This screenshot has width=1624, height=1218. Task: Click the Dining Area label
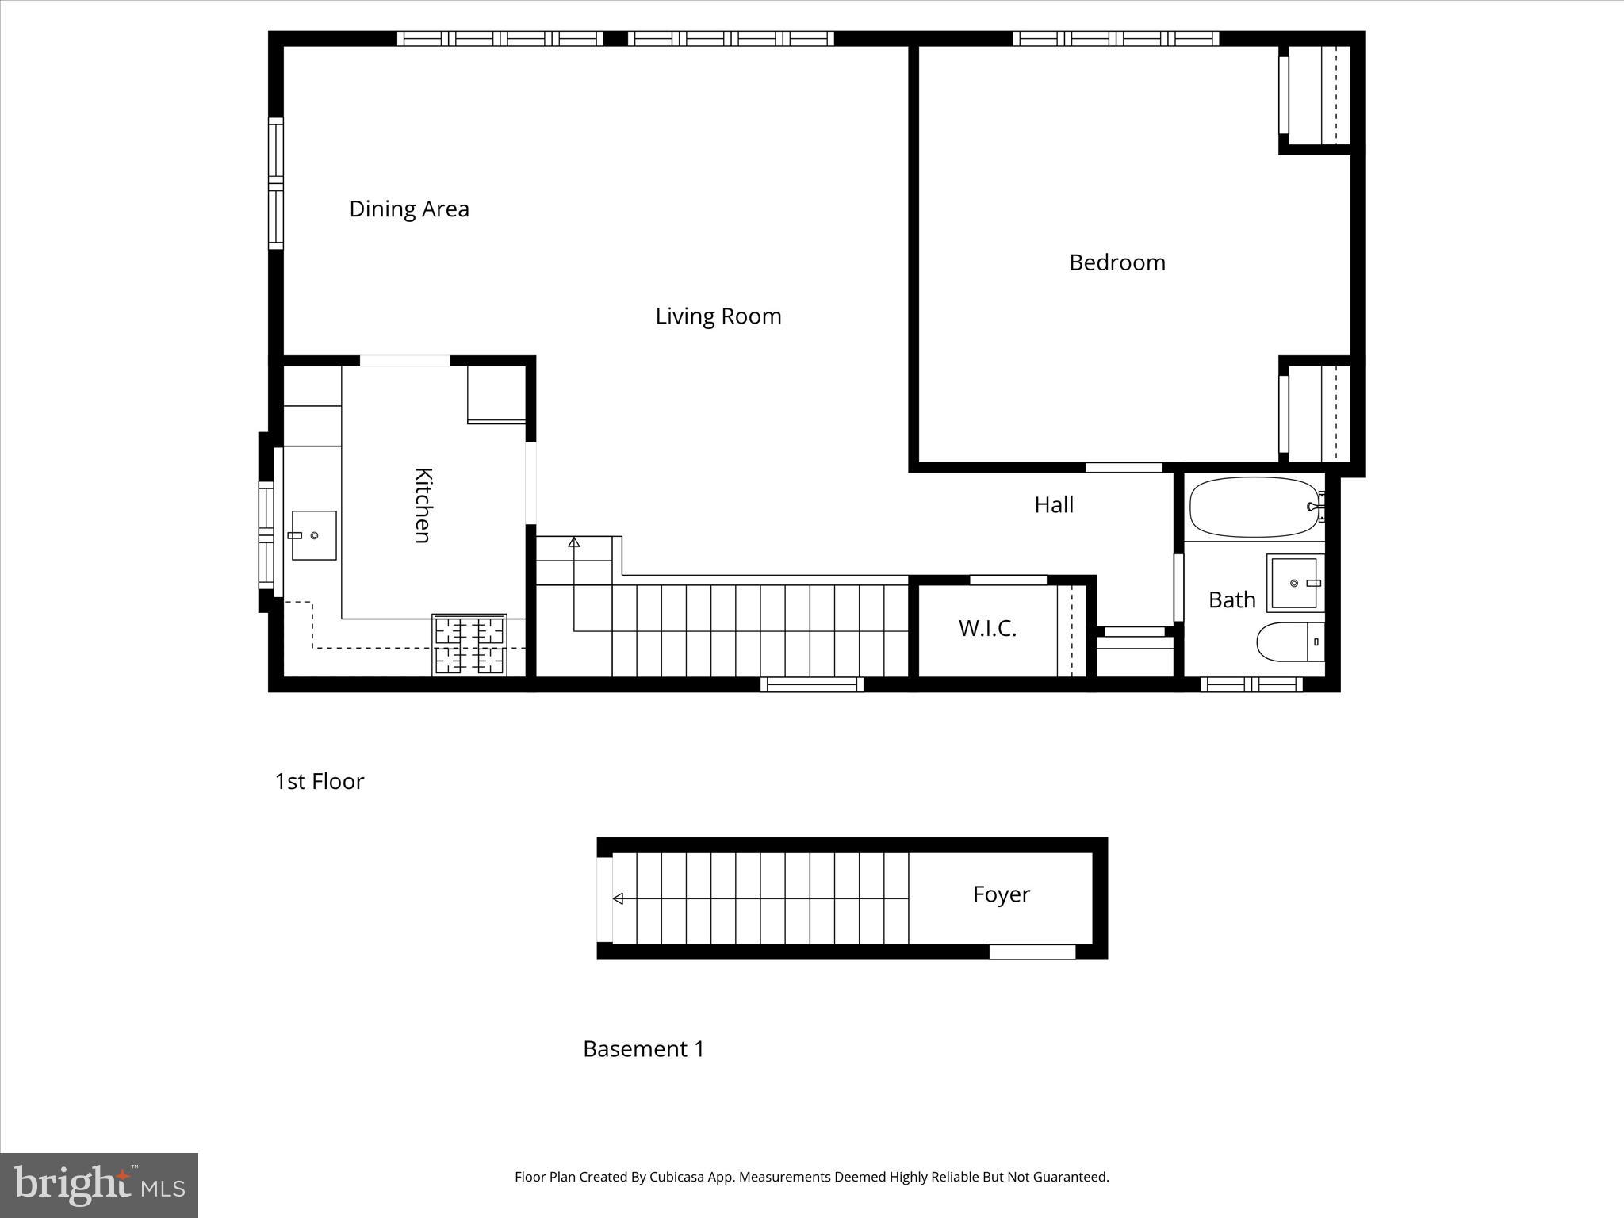pos(409,209)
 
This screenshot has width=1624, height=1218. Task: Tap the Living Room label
pos(718,316)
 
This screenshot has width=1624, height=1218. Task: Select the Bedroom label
pos(1116,262)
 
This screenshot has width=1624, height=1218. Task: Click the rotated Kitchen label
pos(423,505)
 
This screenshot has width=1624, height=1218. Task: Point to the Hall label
pos(1053,504)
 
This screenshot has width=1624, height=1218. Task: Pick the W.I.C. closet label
pos(986,628)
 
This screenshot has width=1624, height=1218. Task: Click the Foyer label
pos(1001,894)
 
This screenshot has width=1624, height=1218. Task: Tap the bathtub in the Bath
pos(1254,507)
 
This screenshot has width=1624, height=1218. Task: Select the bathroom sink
pos(1294,583)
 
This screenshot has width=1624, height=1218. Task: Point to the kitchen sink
pos(313,536)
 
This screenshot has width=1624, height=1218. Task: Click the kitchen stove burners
pos(469,645)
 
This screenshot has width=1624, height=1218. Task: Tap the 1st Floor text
pos(319,781)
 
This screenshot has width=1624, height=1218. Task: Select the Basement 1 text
pos(643,1048)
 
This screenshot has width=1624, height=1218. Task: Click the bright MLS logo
pos(98,1185)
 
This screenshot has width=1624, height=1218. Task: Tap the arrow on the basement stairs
pos(619,898)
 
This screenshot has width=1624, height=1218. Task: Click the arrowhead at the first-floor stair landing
pos(574,542)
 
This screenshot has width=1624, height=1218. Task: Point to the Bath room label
pos(1231,599)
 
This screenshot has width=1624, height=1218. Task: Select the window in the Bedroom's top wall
pos(1116,38)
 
